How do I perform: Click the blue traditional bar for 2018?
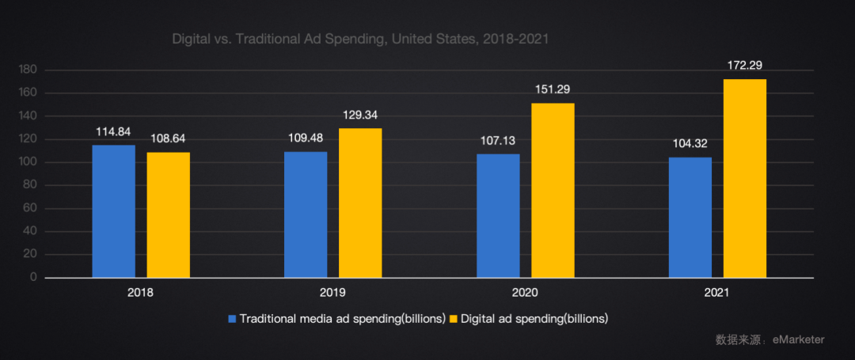tap(113, 211)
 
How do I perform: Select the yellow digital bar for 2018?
tap(168, 214)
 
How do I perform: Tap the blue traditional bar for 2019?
tap(306, 214)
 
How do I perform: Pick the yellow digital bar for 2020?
tap(553, 191)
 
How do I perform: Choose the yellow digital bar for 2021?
tap(745, 178)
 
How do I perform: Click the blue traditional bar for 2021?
tap(690, 218)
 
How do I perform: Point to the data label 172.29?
tap(745, 66)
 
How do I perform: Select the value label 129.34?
tap(360, 115)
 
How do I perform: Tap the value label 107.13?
tap(498, 140)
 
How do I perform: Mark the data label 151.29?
tap(553, 89)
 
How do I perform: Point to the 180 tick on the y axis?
tap(28, 70)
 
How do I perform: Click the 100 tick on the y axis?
tap(28, 162)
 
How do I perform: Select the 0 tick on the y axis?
tap(34, 278)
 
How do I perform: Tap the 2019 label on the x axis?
tap(332, 293)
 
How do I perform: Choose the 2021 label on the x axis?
tap(717, 293)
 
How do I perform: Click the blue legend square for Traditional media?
tap(233, 319)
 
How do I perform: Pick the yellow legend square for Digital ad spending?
tap(454, 319)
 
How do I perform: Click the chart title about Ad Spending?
tap(360, 38)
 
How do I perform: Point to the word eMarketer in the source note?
tap(798, 339)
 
